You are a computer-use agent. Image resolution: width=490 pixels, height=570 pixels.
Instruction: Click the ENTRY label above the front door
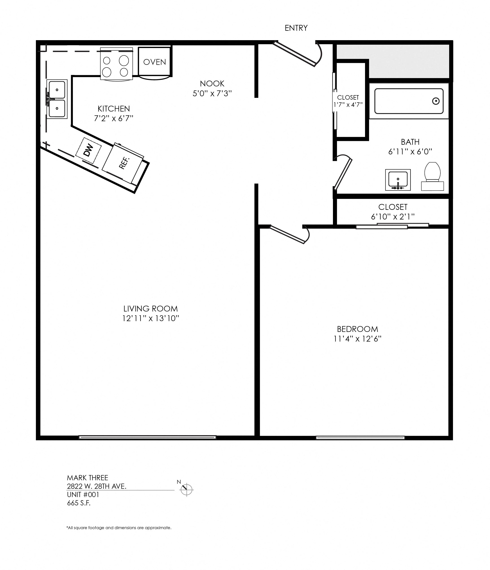coord(296,28)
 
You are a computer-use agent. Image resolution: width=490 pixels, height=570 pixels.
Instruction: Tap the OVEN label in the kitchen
coord(155,62)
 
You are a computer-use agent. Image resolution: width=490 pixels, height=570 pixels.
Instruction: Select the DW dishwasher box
coord(88,151)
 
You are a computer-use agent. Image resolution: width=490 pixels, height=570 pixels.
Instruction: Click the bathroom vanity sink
coord(398,180)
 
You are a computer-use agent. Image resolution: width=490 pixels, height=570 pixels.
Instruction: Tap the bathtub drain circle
coord(435,101)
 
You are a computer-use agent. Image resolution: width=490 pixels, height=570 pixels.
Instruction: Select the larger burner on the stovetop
coord(124,61)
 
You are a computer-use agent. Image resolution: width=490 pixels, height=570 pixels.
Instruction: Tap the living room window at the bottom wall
coord(147,437)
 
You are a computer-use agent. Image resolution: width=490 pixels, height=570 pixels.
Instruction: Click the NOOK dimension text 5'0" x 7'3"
coord(212,94)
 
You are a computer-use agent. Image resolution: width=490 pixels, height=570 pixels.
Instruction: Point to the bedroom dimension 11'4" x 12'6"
coord(357,339)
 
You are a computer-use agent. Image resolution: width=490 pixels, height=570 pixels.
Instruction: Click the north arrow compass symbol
coord(186,489)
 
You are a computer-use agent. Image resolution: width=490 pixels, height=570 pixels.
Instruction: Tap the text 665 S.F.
coord(79,503)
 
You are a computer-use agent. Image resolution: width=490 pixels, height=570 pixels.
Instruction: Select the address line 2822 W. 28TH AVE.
coord(96,486)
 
